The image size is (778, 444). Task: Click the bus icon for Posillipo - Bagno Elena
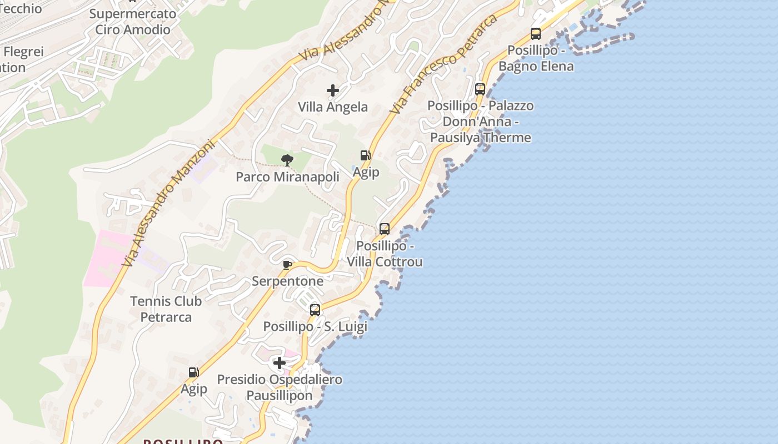(x=536, y=34)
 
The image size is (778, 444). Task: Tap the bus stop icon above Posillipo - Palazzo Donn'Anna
(x=480, y=89)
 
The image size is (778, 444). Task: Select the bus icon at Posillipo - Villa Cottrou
(x=384, y=229)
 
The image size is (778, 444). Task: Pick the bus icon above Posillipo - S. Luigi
(x=315, y=310)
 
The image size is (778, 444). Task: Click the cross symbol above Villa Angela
(x=333, y=90)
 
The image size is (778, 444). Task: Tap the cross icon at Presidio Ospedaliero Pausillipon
(x=280, y=363)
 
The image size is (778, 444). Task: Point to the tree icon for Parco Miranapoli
(x=287, y=160)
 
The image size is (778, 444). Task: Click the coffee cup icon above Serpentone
(x=287, y=265)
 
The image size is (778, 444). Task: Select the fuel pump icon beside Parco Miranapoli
(x=365, y=155)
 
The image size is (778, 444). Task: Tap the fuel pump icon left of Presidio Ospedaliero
(x=193, y=372)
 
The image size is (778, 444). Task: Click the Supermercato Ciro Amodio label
(x=132, y=22)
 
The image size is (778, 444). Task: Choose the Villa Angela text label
(x=333, y=107)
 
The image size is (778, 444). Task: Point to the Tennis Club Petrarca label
(x=166, y=309)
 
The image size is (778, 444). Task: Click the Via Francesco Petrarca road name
(x=443, y=65)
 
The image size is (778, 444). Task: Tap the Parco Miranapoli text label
(x=287, y=177)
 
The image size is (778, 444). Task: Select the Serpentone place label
(x=287, y=281)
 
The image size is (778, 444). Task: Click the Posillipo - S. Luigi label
(x=315, y=326)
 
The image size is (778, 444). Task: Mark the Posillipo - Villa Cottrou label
(x=385, y=254)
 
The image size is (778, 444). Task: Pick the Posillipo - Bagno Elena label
(x=536, y=58)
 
